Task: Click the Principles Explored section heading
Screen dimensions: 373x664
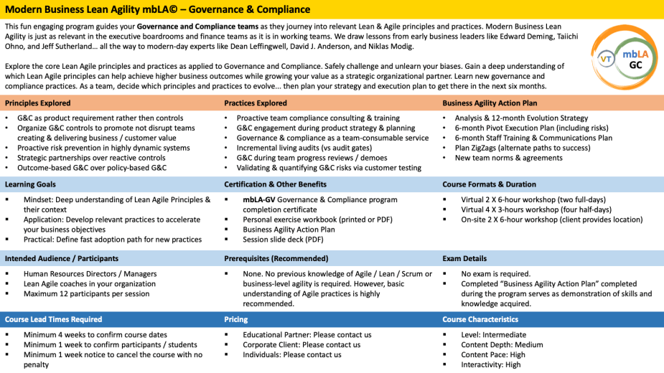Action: pyautogui.click(x=37, y=103)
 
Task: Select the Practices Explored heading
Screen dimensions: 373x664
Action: pyautogui.click(x=256, y=103)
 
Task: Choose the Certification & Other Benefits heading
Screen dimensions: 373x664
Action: pyautogui.click(x=275, y=184)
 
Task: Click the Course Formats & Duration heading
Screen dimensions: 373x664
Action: pyautogui.click(x=489, y=184)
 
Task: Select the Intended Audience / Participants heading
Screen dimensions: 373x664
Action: pyautogui.click(x=62, y=258)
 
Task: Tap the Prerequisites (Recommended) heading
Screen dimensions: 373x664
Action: pyautogui.click(x=270, y=258)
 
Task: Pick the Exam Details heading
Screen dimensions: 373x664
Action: pyautogui.click(x=464, y=258)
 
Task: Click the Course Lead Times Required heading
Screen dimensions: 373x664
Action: pyautogui.click(x=54, y=319)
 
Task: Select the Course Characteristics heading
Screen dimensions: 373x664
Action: pyautogui.click(x=480, y=319)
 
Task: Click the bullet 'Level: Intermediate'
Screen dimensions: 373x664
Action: pyautogui.click(x=495, y=334)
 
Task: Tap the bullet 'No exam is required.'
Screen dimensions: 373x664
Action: pyautogui.click(x=495, y=273)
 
